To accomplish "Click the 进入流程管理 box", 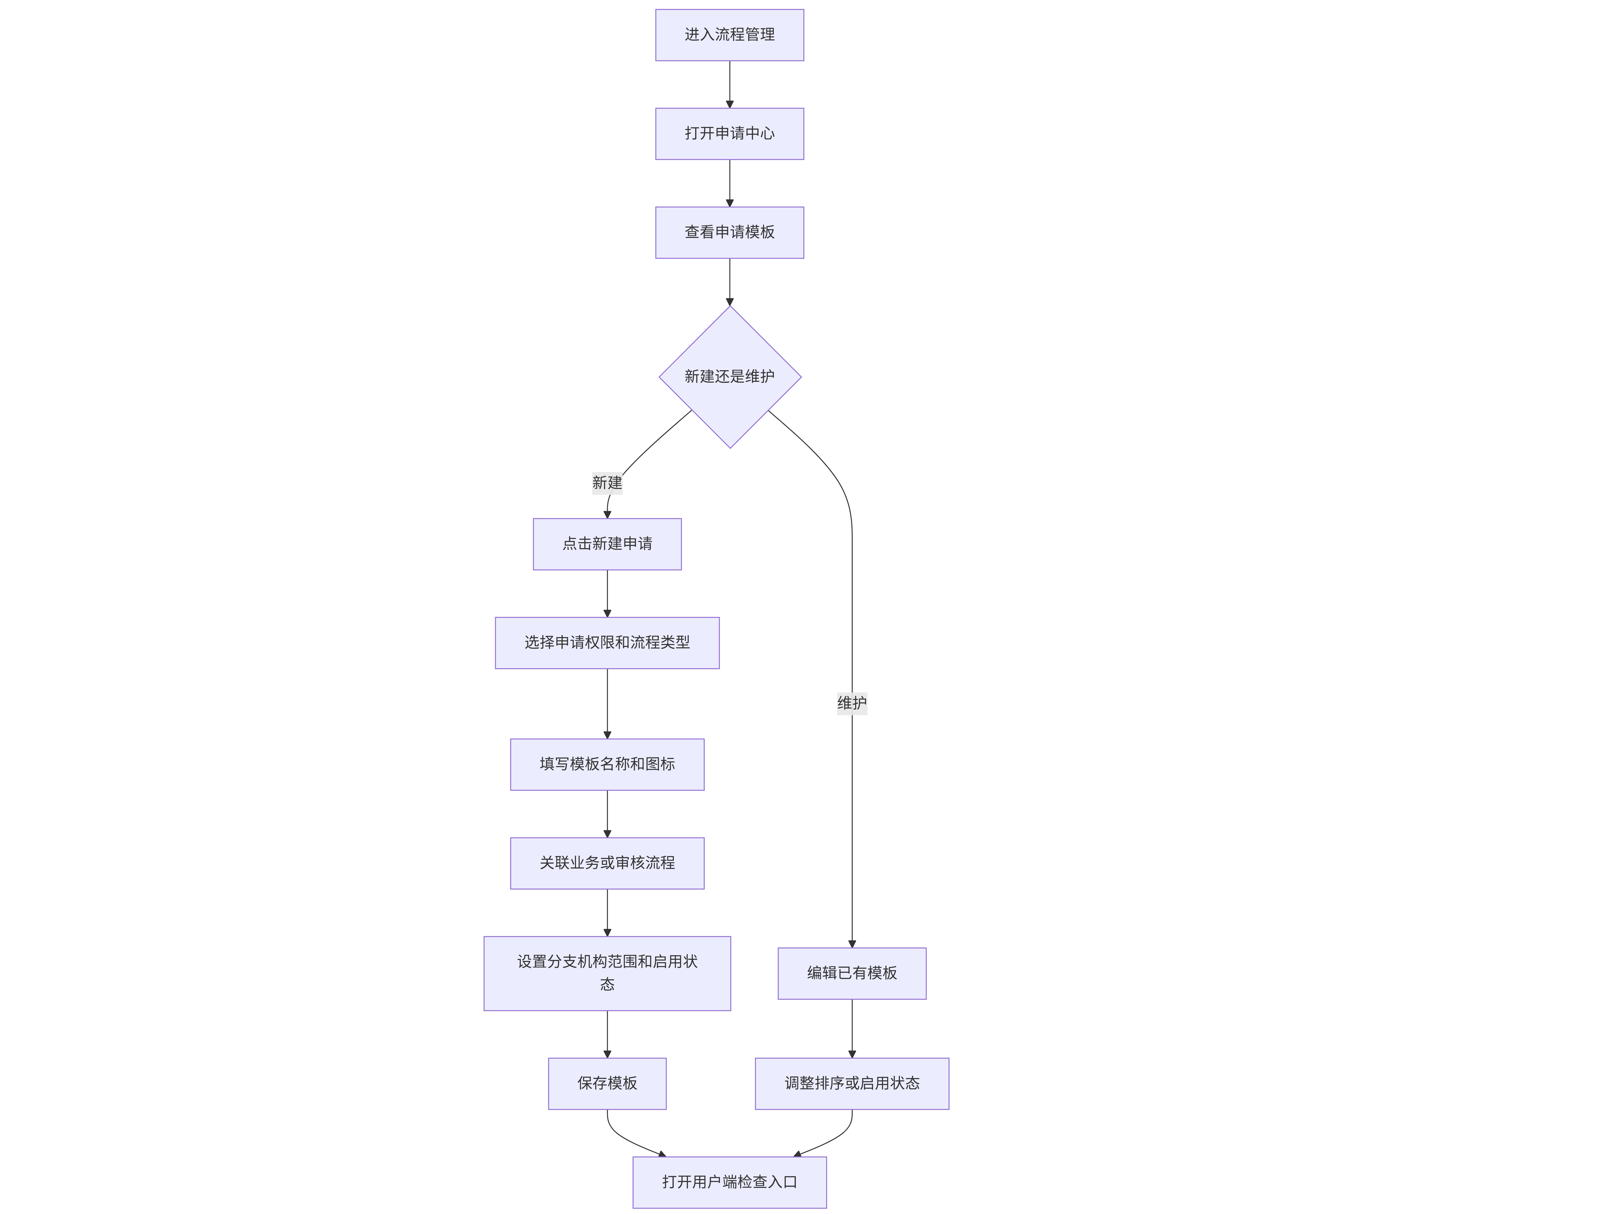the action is pos(729,35).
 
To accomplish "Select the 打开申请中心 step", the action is pos(729,134).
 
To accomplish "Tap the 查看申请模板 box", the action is pos(729,232).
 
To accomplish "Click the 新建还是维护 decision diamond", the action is pos(729,377).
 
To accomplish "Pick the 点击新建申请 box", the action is pos(607,544).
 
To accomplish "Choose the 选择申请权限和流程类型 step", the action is pos(607,642).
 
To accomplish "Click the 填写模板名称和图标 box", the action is pos(607,764).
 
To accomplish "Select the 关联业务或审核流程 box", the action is pos(607,863).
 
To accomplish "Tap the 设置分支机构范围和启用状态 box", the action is pos(607,973).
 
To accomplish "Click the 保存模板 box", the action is pos(607,1083).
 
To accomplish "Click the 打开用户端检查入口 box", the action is pos(729,1182).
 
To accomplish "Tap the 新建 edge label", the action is pos(607,483).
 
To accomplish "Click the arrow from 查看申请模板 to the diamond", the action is pos(729,282).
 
